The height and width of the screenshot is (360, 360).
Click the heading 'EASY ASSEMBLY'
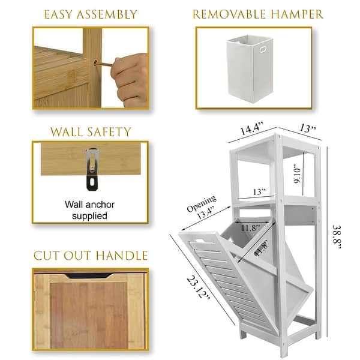[90, 14]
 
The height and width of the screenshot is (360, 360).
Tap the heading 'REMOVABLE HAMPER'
[258, 14]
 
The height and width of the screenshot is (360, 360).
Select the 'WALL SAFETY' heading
[90, 131]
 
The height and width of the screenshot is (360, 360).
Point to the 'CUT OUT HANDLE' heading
[90, 255]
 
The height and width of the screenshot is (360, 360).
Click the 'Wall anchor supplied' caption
[89, 210]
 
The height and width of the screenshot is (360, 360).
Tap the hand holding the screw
[130, 77]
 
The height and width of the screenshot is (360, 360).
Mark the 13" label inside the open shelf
[259, 192]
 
